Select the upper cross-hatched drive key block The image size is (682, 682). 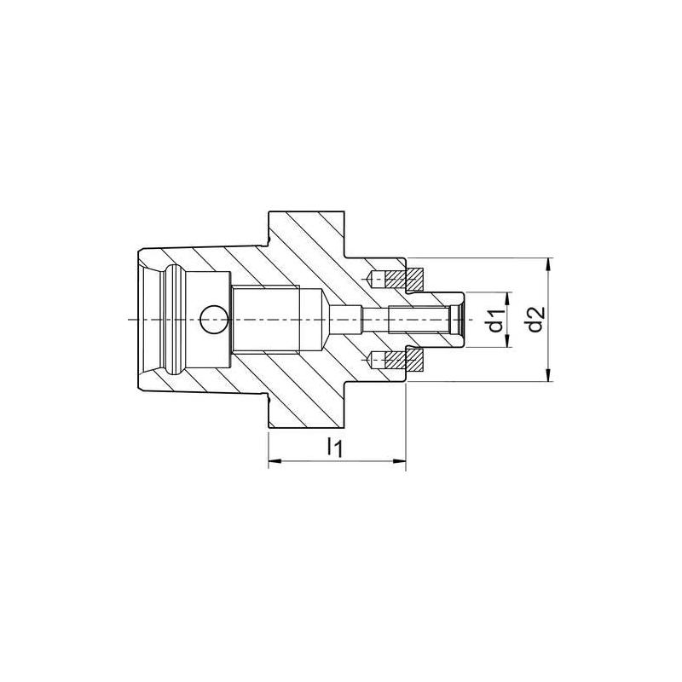[414, 277]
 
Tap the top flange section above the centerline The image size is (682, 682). [307, 234]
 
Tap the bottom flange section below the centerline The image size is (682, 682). [307, 405]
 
